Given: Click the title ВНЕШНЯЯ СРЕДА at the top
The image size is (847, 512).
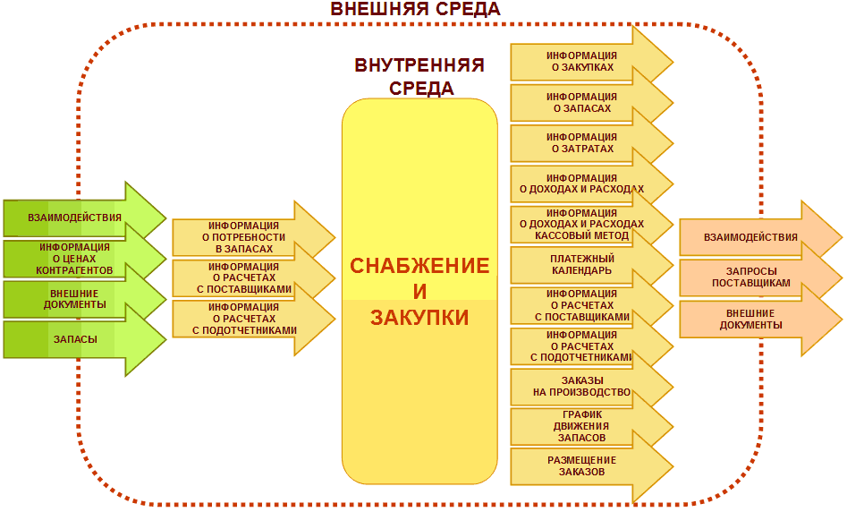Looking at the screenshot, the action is (x=415, y=9).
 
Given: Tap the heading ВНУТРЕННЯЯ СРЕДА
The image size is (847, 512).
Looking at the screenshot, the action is (x=419, y=76).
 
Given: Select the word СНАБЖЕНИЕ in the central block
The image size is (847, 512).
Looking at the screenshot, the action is (x=419, y=266).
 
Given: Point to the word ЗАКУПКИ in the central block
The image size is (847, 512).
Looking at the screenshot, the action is (x=419, y=318).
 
